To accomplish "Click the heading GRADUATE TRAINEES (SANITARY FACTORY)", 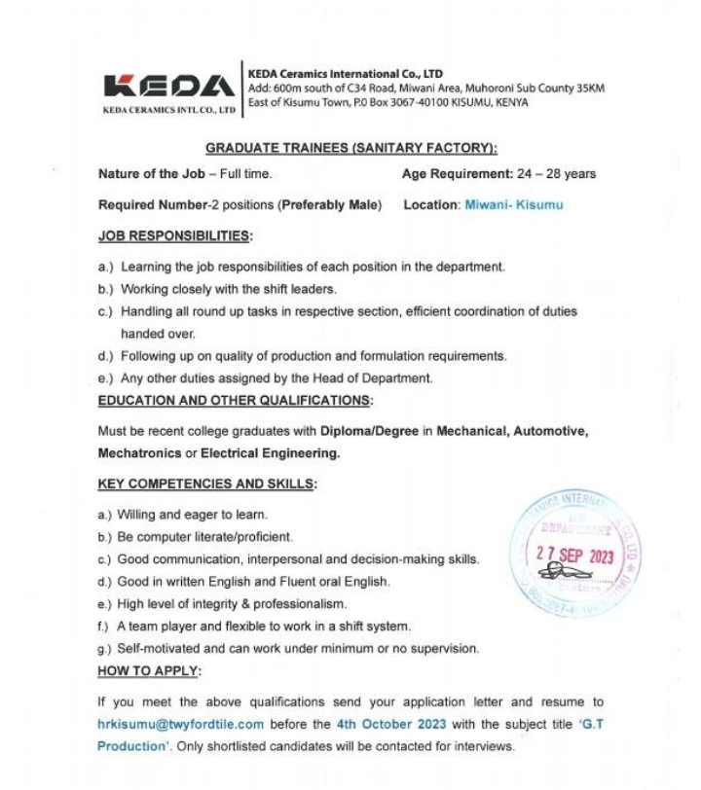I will coord(350,148).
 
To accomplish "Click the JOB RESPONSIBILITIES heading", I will coord(174,235).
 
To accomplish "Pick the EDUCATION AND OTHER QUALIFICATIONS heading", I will coord(235,400).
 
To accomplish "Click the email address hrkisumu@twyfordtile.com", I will coord(181,724).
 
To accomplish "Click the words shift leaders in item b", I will coord(300,289).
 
